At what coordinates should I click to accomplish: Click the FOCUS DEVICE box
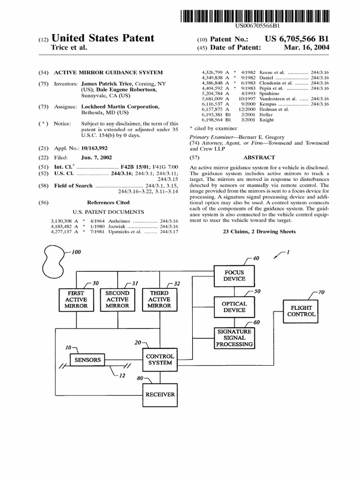(234, 276)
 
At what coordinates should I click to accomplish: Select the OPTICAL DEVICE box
(234, 307)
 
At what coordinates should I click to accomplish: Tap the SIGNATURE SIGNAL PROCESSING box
(234, 337)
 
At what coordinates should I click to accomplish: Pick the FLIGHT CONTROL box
(301, 311)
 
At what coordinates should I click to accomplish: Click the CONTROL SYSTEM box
(160, 360)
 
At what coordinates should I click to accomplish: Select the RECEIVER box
(160, 394)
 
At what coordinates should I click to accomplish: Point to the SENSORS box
(88, 360)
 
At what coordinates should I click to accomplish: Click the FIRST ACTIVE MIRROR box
(76, 299)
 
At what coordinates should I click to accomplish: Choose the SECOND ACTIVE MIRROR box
(117, 299)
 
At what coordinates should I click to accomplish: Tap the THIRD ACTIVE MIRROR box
(159, 299)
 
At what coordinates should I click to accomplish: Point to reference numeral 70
(321, 292)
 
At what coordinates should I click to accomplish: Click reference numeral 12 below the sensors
(122, 376)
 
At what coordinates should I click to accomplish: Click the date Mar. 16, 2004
(310, 48)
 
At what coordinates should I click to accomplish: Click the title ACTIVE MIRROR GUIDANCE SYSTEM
(109, 73)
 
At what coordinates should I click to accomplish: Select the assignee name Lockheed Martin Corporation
(120, 107)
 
